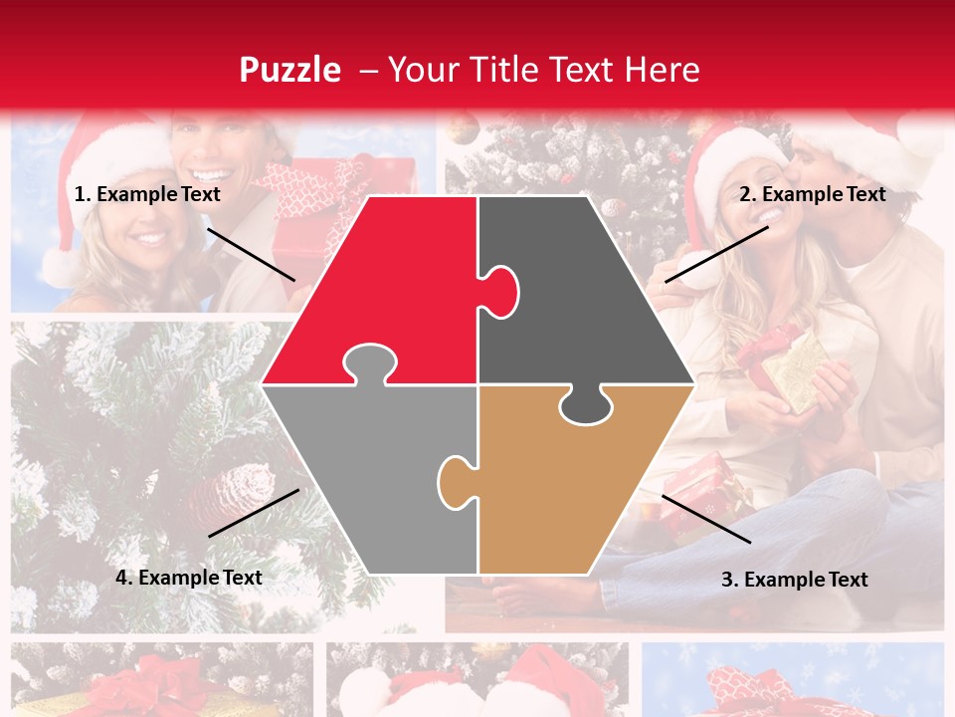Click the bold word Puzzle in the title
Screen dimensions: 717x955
(289, 70)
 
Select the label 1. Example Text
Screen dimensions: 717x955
(147, 195)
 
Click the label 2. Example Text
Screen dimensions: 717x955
(812, 195)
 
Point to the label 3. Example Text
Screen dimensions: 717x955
(794, 580)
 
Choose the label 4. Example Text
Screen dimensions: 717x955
(189, 578)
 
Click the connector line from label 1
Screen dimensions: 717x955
(251, 254)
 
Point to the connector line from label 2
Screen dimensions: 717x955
(716, 254)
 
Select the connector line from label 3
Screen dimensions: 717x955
(706, 519)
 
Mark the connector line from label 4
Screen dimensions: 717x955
(254, 513)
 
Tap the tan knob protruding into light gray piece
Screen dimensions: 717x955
(455, 481)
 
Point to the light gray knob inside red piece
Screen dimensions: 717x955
(370, 362)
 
